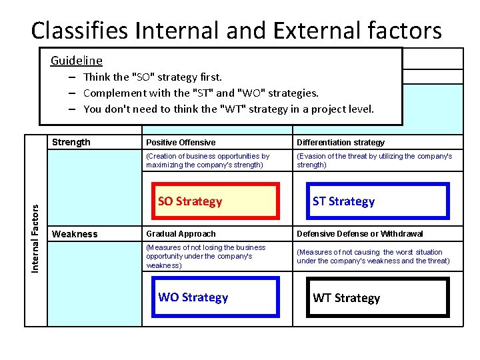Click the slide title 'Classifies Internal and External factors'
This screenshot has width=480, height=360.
tap(236, 30)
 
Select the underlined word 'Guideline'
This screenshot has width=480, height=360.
tap(77, 61)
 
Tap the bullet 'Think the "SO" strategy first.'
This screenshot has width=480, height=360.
tap(153, 77)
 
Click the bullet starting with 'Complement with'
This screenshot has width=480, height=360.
tap(201, 93)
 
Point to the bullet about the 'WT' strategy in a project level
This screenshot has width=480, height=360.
tap(229, 109)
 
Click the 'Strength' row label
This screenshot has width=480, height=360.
tap(71, 142)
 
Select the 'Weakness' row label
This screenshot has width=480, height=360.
tap(75, 234)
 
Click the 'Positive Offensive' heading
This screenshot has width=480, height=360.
tap(181, 143)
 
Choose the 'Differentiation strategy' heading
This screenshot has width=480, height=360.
tap(341, 143)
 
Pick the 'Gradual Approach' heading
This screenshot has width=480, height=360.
tap(181, 234)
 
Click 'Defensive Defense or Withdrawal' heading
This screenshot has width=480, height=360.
tap(359, 234)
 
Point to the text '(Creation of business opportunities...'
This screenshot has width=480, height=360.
tap(207, 160)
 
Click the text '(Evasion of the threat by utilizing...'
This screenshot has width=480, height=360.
tap(374, 160)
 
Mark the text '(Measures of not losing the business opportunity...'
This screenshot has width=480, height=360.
tap(205, 256)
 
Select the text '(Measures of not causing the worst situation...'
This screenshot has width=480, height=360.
tap(373, 256)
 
